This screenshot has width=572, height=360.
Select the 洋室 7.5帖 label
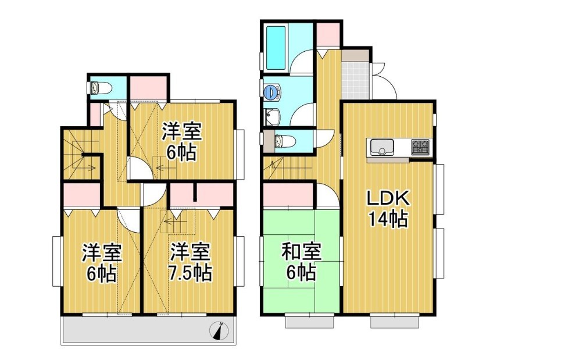pos(190,262)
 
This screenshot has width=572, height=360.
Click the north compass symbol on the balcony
pos(219,331)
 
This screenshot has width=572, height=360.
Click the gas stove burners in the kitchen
pos(421,147)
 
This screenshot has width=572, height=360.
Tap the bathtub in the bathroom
pos(276,48)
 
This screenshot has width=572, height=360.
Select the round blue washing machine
pos(271,91)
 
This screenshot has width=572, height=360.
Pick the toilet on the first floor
pos(281,141)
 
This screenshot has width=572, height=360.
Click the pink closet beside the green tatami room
pos(288,195)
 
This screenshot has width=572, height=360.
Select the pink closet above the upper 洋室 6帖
pos(148,87)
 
